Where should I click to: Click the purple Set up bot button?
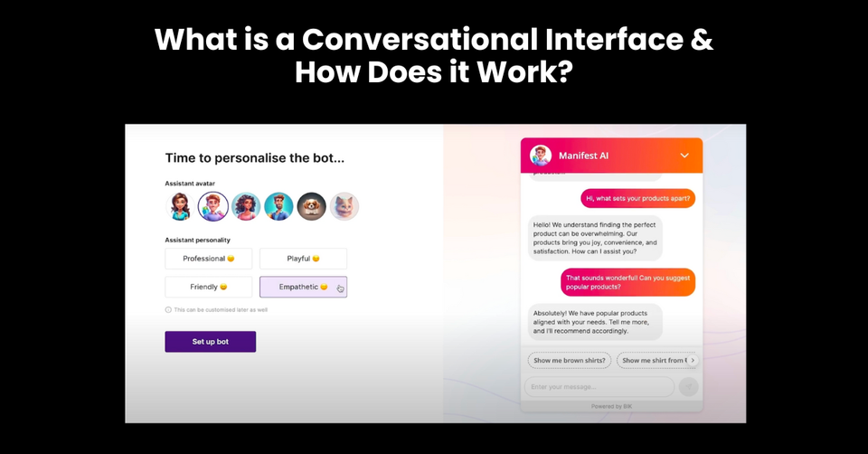[210, 342]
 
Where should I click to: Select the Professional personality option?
[209, 259]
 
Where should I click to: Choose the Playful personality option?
[303, 259]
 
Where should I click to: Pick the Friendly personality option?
[209, 287]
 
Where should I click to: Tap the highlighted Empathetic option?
[303, 287]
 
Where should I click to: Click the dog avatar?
[312, 206]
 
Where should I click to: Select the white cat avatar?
[344, 206]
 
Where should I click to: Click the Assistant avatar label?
[190, 184]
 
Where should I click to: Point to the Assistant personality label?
[197, 241]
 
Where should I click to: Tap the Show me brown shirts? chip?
[570, 360]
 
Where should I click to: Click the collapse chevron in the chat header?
[684, 156]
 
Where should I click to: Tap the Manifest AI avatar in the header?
[541, 156]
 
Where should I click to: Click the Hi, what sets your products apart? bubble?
[637, 198]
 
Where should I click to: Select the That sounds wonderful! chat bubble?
[627, 281]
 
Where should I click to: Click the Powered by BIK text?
[612, 406]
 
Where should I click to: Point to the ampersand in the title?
[702, 40]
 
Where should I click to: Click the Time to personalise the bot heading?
[254, 158]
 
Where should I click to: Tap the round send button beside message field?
[689, 387]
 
